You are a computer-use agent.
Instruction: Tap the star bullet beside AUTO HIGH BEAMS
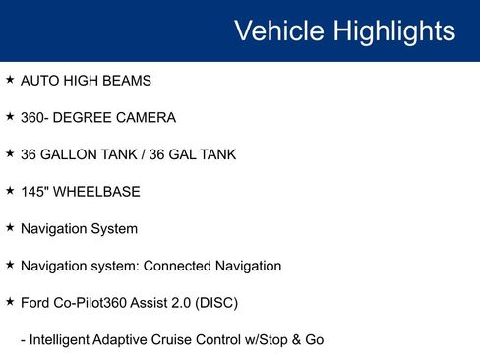[x=10, y=80]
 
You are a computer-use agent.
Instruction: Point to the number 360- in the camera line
[x=38, y=118]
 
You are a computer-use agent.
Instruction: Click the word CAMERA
[x=143, y=118]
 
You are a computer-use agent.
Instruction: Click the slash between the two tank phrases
[x=150, y=154]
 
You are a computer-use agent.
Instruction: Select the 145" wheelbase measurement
[x=35, y=192]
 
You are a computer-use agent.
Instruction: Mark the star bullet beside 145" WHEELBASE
[x=10, y=191]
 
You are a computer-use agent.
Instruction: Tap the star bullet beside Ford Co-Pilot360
[x=10, y=302]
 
